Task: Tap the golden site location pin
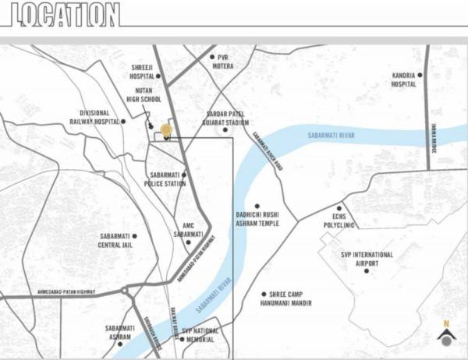point(165,130)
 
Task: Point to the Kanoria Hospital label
point(402,79)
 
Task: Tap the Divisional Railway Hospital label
point(97,118)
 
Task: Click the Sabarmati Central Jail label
point(114,240)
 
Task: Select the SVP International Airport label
point(367,259)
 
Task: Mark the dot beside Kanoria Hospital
point(419,75)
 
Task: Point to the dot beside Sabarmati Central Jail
point(134,235)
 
